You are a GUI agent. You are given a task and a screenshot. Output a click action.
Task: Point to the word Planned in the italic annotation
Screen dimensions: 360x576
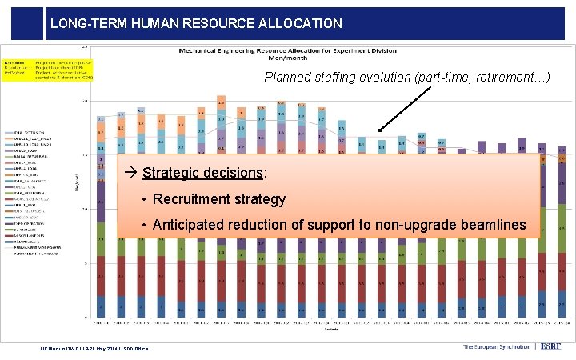pos(289,78)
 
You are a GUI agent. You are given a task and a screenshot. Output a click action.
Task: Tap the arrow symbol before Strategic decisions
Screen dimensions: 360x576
pos(126,174)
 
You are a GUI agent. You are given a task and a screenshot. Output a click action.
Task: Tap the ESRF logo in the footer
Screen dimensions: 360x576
pos(552,346)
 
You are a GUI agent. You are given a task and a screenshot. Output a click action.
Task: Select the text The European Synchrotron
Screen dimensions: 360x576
pos(496,346)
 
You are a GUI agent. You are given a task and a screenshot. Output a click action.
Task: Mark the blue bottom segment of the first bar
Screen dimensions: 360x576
pos(101,306)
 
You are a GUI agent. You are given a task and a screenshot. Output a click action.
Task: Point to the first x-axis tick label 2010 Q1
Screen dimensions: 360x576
pos(101,323)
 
